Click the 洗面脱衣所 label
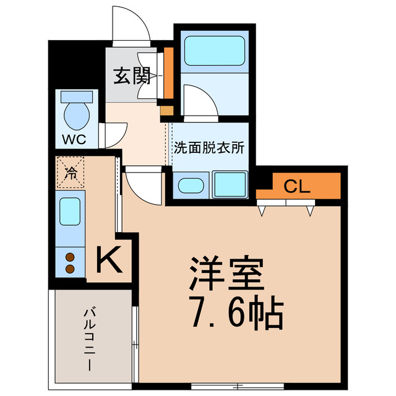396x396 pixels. click(x=209, y=148)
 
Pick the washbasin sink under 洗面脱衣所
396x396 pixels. click(x=190, y=185)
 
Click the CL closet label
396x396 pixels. click(x=298, y=186)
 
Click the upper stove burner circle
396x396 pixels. click(x=70, y=257)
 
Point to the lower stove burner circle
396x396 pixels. click(x=70, y=269)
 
